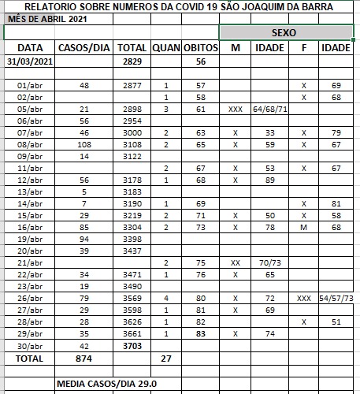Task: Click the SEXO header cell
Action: pos(284,33)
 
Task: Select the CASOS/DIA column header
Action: pos(85,48)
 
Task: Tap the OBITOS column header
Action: pos(200,48)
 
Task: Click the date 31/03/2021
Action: pos(29,61)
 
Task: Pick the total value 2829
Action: pos(132,61)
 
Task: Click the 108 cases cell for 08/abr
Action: pos(85,145)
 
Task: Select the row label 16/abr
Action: pos(29,227)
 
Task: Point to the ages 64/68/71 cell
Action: pos(269,109)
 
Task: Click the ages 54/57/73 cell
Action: pos(336,298)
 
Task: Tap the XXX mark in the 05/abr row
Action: pos(235,109)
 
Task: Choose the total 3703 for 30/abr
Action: pos(132,345)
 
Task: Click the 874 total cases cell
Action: pos(85,358)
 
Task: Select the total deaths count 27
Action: pos(166,358)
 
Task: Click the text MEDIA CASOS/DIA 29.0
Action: pos(106,384)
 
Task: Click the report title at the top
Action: pos(180,6)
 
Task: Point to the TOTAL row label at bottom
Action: pos(29,358)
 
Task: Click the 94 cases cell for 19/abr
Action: pos(85,239)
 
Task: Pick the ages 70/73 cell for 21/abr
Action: pos(269,262)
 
